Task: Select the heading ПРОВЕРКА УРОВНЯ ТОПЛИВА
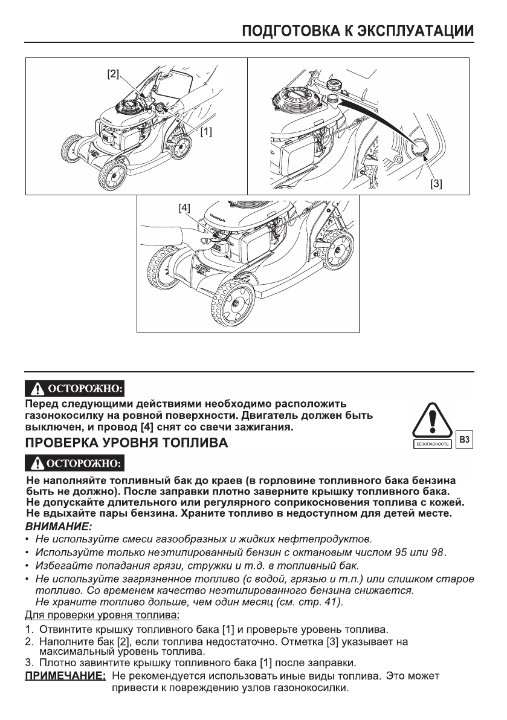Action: pyautogui.click(x=126, y=443)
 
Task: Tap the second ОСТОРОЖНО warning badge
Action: pyautogui.click(x=74, y=464)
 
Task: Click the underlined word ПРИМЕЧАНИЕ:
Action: pyautogui.click(x=65, y=675)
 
